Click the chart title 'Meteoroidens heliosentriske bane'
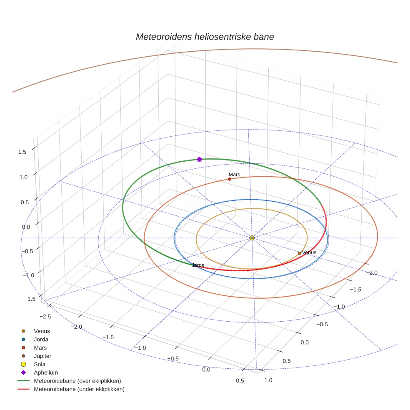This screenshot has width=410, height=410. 205,37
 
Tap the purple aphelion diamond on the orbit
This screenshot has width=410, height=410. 199,159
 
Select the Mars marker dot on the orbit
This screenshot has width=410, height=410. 230,179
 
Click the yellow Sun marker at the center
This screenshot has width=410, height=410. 252,238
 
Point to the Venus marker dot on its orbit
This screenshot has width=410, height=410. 300,253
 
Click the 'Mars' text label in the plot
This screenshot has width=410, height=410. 234,175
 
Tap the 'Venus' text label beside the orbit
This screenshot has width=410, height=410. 310,252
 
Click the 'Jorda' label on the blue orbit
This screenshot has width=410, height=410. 199,265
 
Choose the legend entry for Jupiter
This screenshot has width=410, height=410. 42,356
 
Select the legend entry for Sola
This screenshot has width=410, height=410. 40,365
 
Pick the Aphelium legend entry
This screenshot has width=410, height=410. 45,373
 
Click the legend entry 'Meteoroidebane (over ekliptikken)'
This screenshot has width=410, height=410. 77,381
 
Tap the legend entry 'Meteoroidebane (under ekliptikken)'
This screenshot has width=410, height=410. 79,389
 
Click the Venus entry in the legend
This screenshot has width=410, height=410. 42,331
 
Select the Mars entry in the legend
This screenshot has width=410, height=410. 40,348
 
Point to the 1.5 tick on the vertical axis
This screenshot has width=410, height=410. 22,152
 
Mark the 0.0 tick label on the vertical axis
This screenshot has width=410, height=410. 26,227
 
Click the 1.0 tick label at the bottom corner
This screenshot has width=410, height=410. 268,380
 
